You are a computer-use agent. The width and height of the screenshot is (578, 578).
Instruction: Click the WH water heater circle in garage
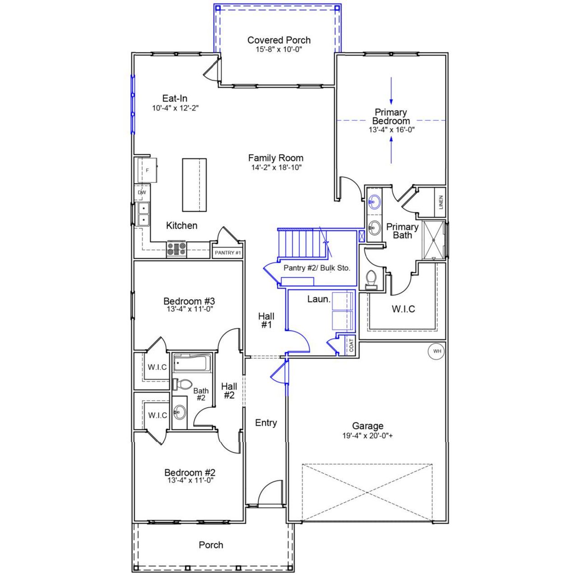click(437, 351)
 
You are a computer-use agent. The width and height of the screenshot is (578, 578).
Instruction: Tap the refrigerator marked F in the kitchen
click(147, 170)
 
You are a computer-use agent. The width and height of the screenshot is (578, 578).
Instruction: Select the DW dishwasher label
click(142, 192)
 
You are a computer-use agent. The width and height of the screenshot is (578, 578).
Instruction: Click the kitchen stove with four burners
click(177, 249)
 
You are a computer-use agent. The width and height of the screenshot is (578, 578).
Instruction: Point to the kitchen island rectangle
click(194, 185)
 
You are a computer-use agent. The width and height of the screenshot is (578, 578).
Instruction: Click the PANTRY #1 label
click(228, 252)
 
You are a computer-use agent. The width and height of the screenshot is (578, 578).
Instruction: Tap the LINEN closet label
click(441, 202)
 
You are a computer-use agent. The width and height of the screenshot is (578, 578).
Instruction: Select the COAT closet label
click(351, 346)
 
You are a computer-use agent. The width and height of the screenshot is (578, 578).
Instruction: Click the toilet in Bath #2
click(182, 384)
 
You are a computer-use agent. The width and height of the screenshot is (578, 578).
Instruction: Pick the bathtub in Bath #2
click(192, 363)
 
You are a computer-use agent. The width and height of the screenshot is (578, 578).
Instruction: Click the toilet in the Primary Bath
click(372, 279)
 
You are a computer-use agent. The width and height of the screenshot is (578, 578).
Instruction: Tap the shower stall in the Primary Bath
click(433, 241)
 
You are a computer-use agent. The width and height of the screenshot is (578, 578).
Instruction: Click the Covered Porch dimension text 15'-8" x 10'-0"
click(279, 49)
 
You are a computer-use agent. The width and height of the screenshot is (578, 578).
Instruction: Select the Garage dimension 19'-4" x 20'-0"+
click(368, 436)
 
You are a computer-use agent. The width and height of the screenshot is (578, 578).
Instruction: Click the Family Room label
click(275, 158)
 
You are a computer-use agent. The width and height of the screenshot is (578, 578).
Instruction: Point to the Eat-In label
click(175, 98)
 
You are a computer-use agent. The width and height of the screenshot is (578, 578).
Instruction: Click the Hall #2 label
click(229, 391)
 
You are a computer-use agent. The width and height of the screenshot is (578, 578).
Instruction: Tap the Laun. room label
click(319, 299)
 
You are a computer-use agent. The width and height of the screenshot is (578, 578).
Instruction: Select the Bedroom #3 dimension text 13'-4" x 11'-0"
click(190, 309)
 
